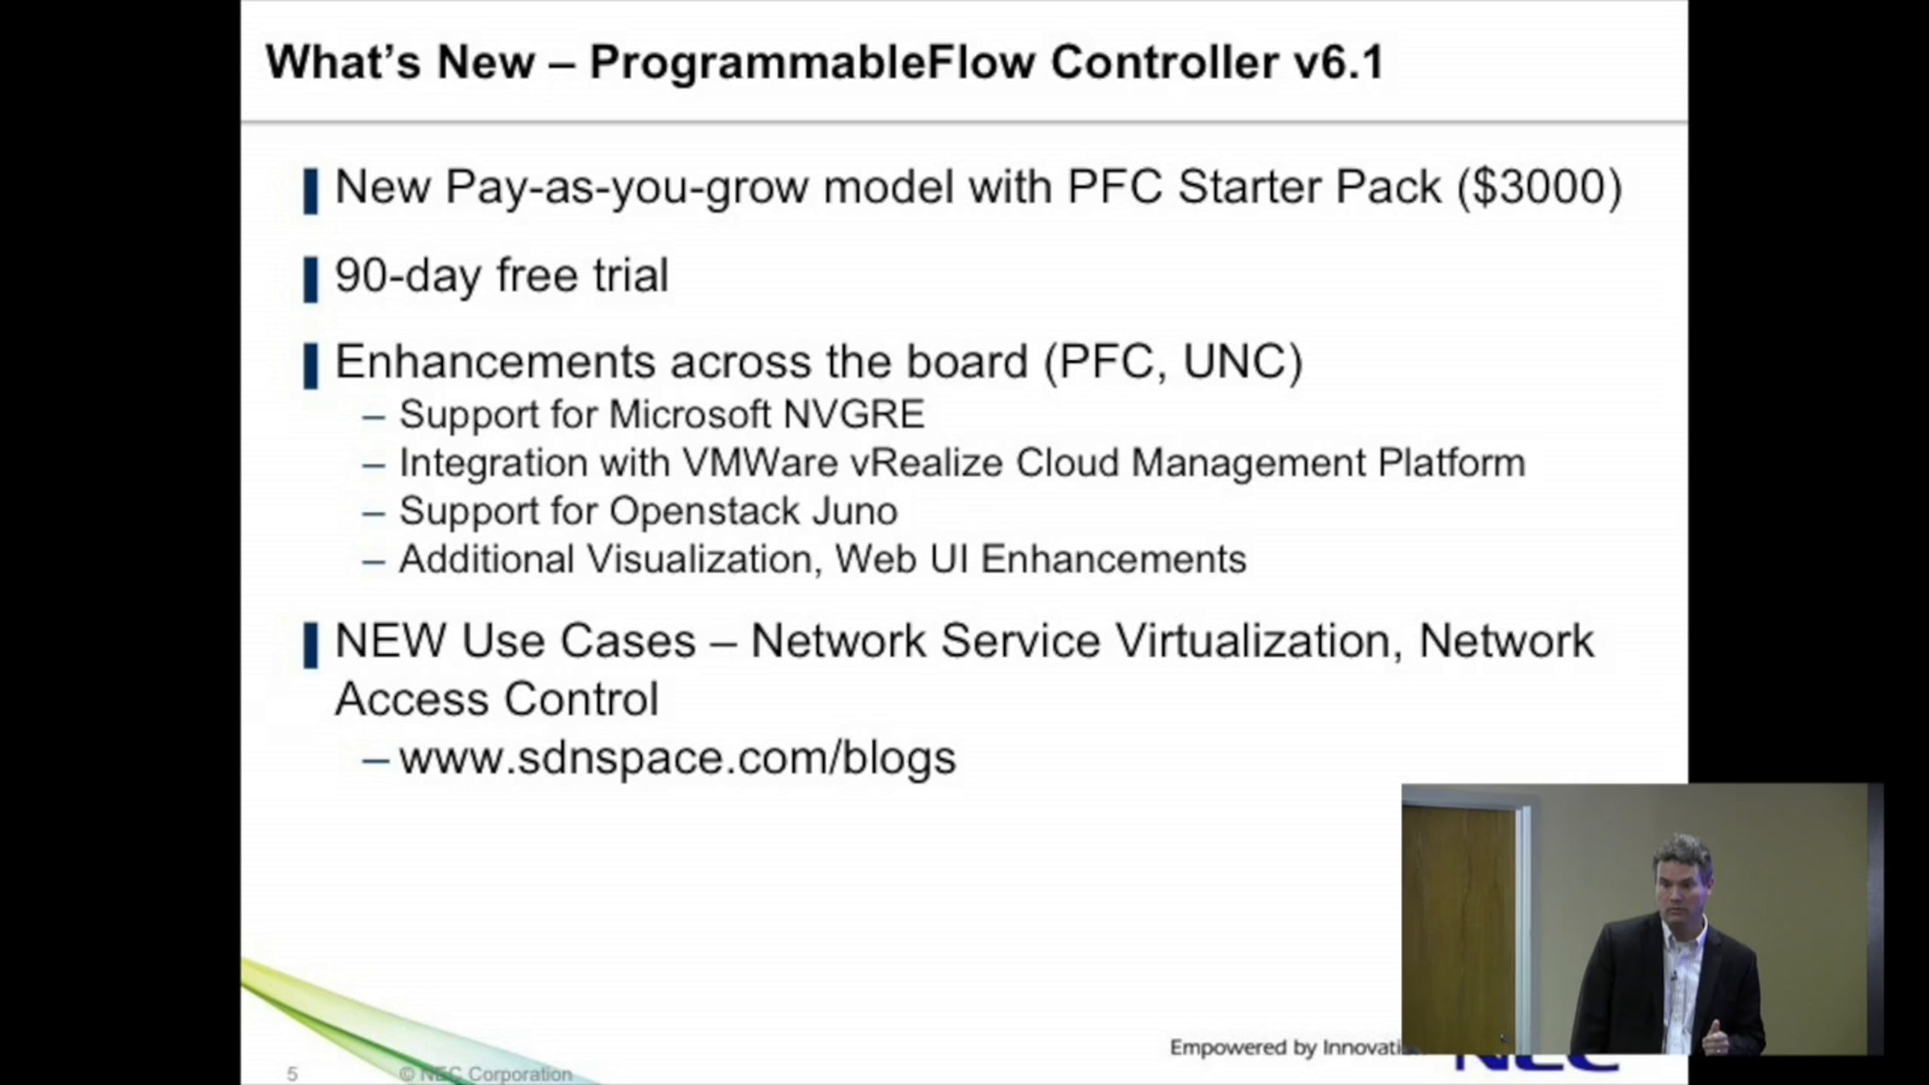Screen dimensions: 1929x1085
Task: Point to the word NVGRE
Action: (x=854, y=415)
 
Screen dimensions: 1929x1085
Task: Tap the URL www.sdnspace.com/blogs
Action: (x=678, y=759)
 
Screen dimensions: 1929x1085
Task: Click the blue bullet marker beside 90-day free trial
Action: (x=311, y=280)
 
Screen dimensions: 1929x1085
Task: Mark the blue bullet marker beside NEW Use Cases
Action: (x=311, y=645)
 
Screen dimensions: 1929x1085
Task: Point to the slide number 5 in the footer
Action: (x=292, y=1074)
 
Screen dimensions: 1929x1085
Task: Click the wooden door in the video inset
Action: (x=1460, y=924)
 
